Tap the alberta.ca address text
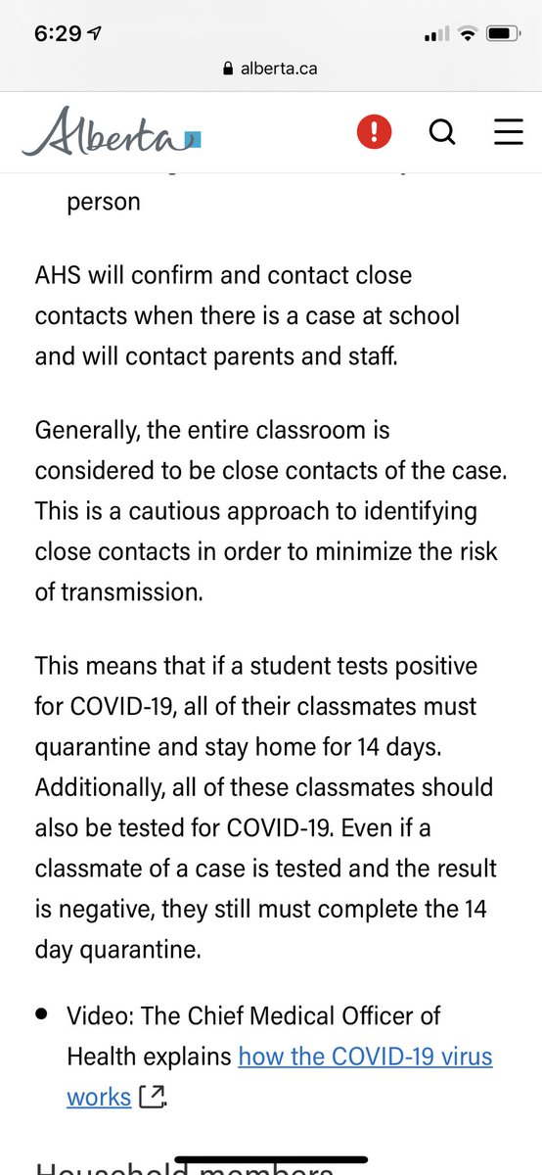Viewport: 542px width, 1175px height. (x=279, y=69)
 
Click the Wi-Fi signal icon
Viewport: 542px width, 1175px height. (x=467, y=33)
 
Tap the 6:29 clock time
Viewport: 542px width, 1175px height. (x=58, y=33)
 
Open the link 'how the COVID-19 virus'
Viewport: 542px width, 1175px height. (x=365, y=1057)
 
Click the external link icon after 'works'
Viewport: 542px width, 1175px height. (x=152, y=1097)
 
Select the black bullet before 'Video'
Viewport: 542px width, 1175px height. (x=42, y=1015)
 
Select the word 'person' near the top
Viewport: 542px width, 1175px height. (x=104, y=202)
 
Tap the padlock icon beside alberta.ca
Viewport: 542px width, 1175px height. (x=229, y=69)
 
